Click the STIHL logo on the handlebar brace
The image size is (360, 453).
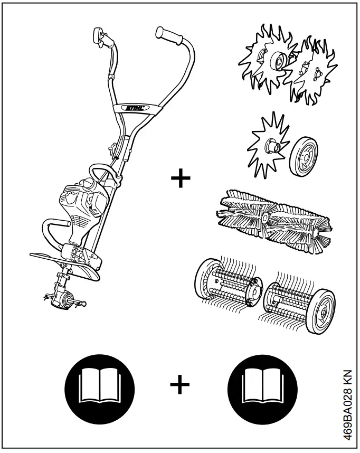(136, 108)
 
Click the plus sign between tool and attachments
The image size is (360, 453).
(181, 178)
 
